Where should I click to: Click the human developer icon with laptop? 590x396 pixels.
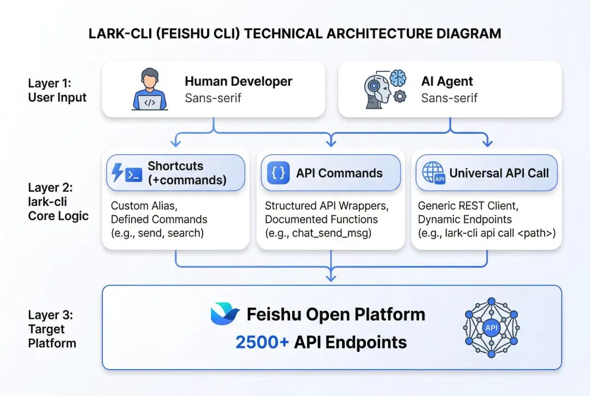(150, 89)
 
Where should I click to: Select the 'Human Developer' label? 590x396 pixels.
(238, 81)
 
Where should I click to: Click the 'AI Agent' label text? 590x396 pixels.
(447, 81)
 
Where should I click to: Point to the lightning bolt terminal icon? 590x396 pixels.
(126, 173)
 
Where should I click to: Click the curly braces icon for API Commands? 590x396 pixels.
(278, 173)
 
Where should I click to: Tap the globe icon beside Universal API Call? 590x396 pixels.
(433, 173)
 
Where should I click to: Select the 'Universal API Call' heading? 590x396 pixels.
(499, 173)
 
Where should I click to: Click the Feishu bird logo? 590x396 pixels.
(225, 314)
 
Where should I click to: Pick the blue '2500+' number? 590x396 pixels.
(262, 342)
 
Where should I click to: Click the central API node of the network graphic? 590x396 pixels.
(491, 328)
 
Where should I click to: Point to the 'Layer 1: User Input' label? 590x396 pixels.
(57, 90)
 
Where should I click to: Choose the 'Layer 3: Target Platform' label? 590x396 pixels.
(52, 329)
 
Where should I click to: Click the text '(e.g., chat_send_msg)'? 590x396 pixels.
(318, 233)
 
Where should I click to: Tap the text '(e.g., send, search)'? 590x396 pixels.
(157, 233)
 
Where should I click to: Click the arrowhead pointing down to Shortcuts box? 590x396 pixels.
(176, 143)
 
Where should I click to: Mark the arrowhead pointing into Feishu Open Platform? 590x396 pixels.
(331, 277)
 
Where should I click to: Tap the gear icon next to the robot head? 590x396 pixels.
(399, 97)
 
